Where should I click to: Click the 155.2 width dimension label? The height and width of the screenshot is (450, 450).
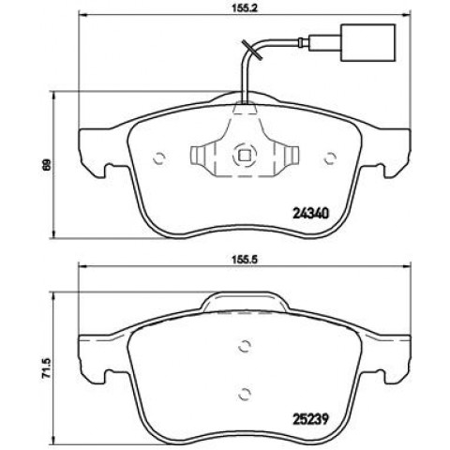point(245,8)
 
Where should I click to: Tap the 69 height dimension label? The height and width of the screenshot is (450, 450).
point(47,165)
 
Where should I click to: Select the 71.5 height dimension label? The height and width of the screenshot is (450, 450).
point(46,369)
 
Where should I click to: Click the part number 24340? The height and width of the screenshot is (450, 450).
point(311,214)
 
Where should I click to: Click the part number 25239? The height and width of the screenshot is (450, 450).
point(310,419)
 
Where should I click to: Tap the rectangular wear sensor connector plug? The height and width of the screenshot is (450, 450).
point(369,42)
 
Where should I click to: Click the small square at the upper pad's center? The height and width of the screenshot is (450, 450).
point(245,155)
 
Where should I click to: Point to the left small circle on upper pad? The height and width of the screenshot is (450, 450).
point(159,158)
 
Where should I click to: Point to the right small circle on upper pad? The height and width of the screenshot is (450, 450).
point(330,158)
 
